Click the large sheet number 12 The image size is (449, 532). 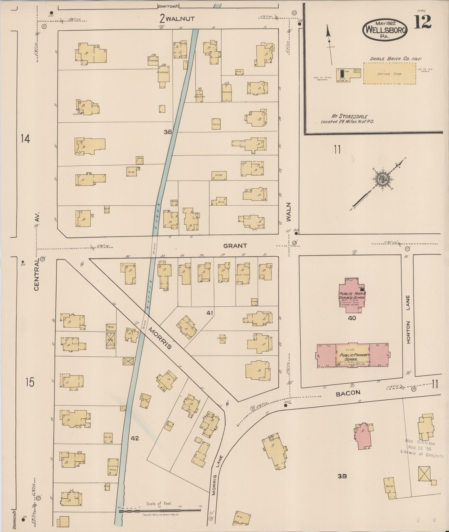click(x=422, y=22)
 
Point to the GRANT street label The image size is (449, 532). click(x=235, y=246)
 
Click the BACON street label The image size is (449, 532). click(x=348, y=393)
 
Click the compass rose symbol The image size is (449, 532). click(x=382, y=179)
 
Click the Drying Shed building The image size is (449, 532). click(x=389, y=73)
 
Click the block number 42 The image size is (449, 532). click(x=135, y=438)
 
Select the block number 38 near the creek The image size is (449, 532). click(x=168, y=132)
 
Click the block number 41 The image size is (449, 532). click(x=210, y=313)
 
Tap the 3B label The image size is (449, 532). click(x=342, y=476)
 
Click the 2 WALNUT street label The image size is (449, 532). click(x=177, y=18)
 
